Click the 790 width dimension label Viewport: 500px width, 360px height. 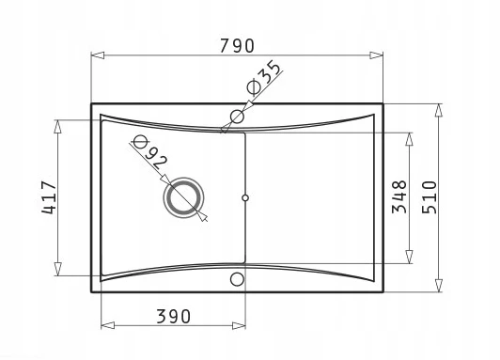(237, 46)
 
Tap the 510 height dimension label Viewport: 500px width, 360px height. (430, 197)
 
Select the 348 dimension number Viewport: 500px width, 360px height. (399, 196)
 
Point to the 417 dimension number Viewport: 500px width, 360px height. (49, 197)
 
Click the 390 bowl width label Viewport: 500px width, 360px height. (174, 317)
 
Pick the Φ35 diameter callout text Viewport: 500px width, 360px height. (264, 78)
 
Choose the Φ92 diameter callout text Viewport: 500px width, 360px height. (149, 152)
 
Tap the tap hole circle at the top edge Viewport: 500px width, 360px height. (237, 117)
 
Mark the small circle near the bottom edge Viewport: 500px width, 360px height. (237, 279)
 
